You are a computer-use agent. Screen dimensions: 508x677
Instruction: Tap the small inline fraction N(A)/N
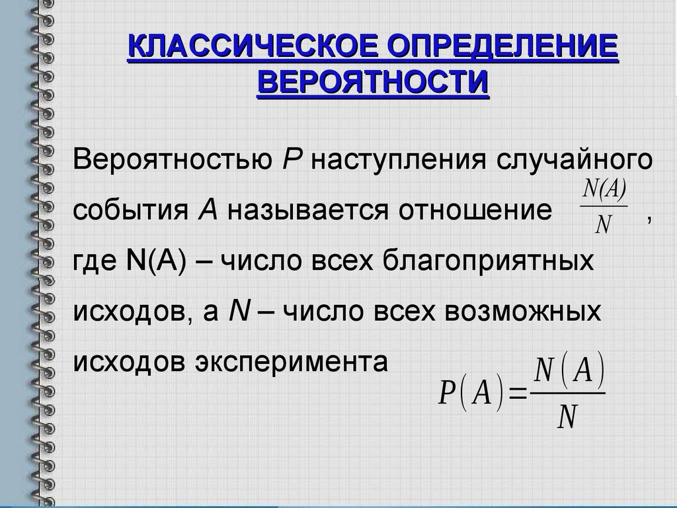[603, 208]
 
